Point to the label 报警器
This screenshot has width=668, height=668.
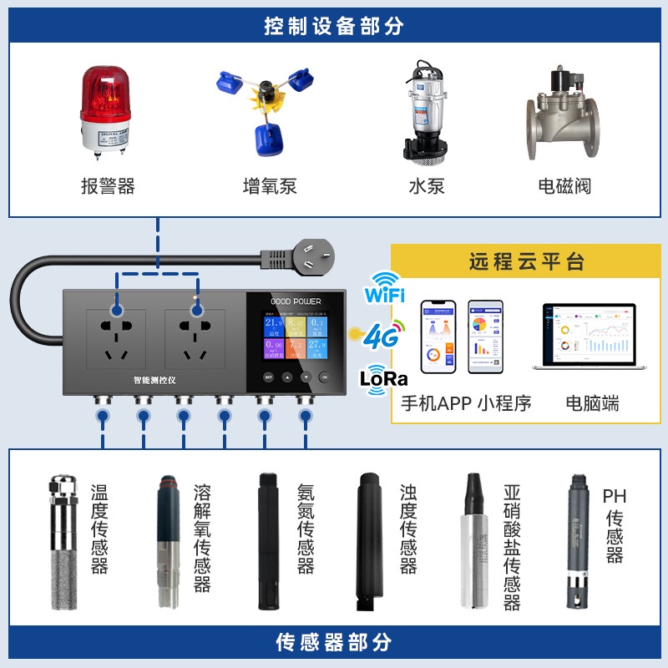[x=108, y=185]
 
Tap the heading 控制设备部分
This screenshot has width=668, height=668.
[x=334, y=26]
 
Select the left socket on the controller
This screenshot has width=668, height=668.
[x=116, y=337]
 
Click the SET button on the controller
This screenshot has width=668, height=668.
[x=269, y=377]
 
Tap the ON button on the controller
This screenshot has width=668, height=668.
[x=324, y=377]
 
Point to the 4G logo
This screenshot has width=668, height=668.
[x=381, y=336]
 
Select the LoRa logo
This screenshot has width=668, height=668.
[x=383, y=377]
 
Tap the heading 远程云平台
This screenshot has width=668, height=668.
[x=526, y=262]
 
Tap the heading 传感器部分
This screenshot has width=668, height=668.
[x=334, y=643]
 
